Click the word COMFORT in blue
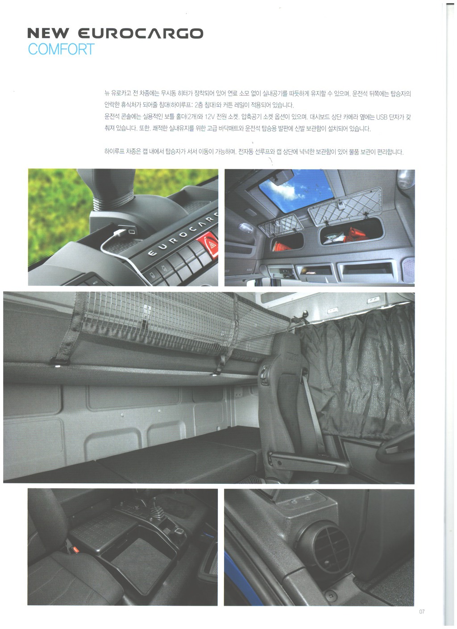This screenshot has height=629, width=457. point(61,49)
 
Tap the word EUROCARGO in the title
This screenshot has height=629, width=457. point(140,34)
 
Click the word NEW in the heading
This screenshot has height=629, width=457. point(48,34)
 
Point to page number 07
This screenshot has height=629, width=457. point(422,612)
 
